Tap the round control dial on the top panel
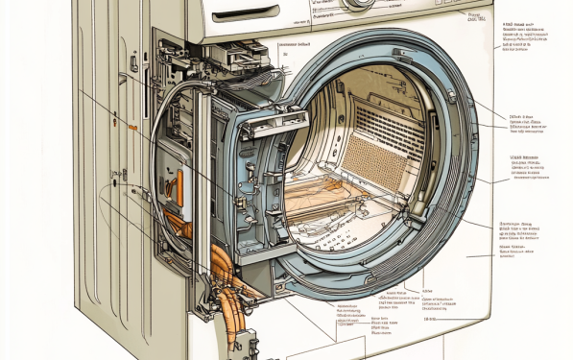click(x=358, y=4)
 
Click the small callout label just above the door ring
click(x=294, y=44)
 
